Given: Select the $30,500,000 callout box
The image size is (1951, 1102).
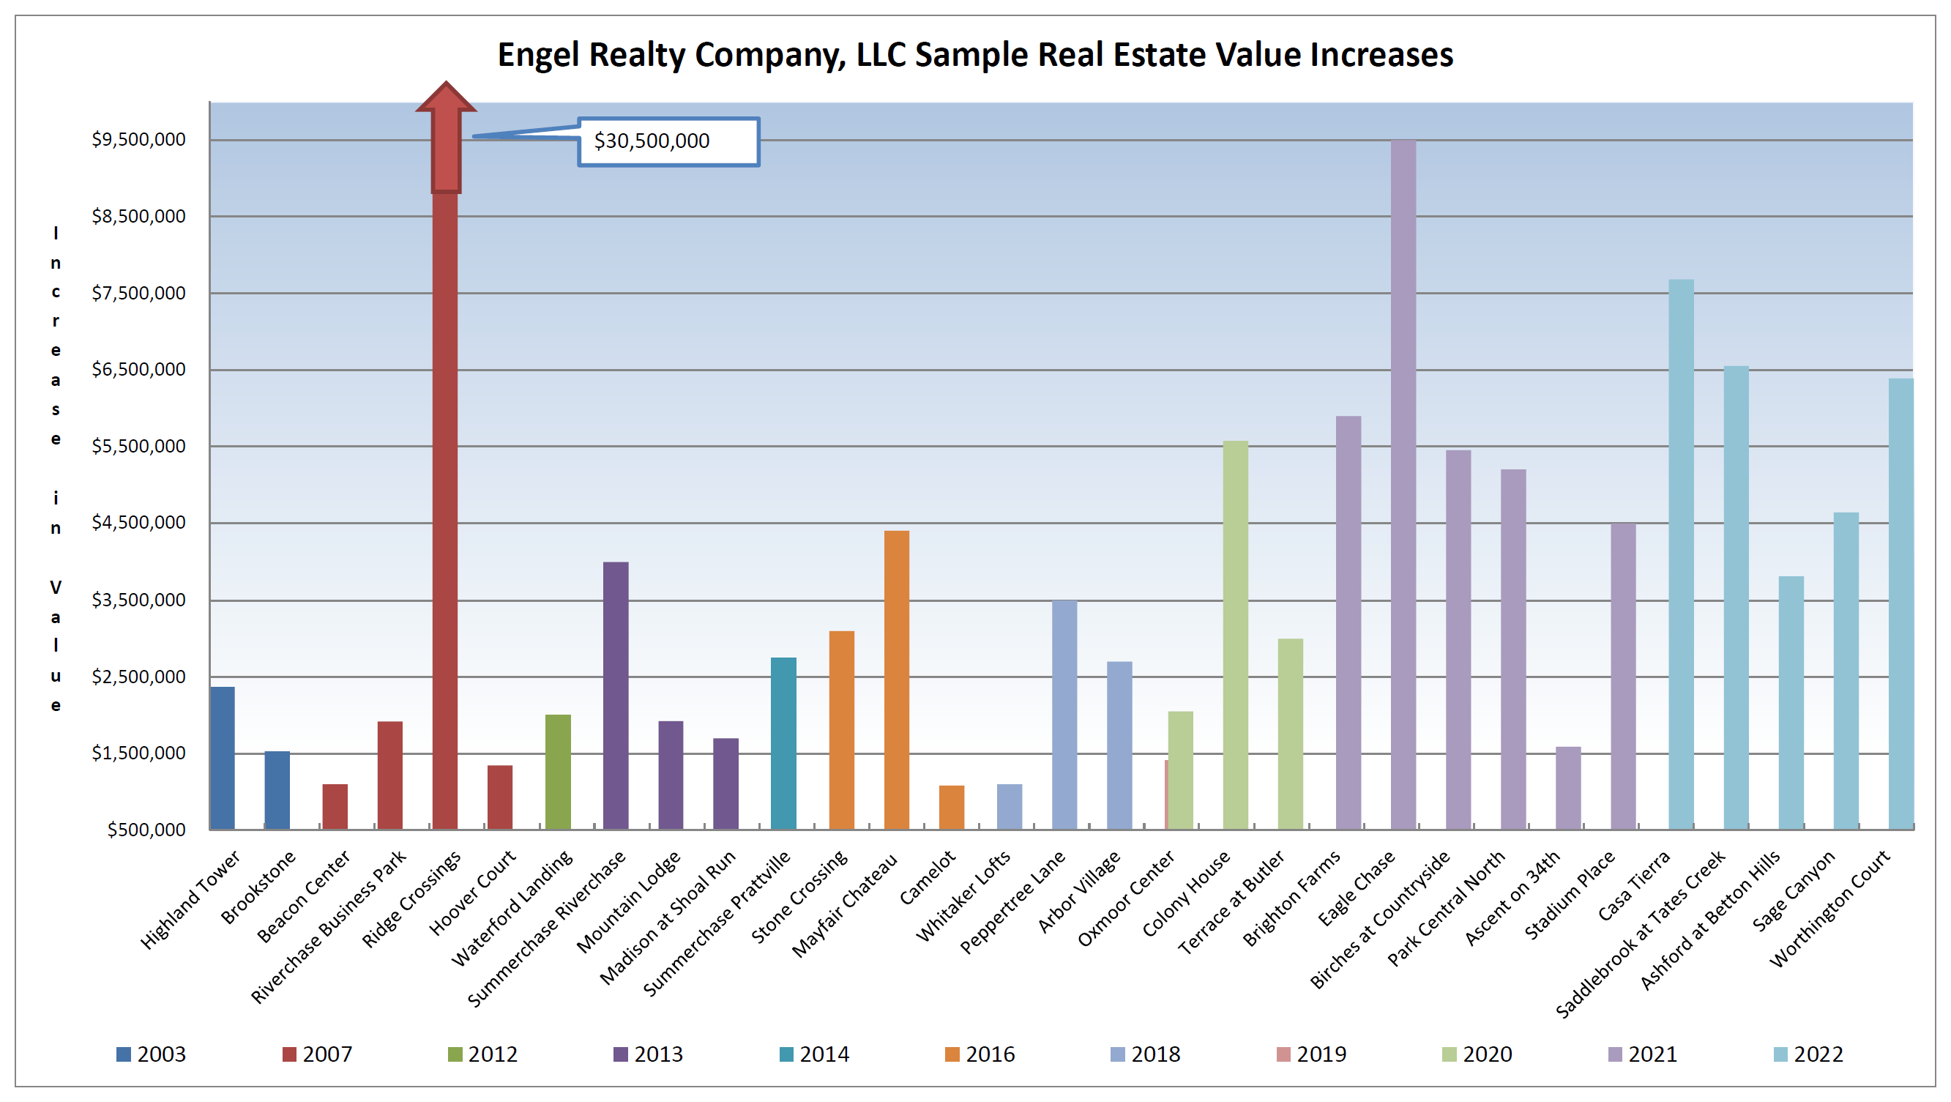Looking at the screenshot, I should tap(668, 141).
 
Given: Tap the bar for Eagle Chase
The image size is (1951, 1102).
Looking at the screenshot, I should tap(1403, 485).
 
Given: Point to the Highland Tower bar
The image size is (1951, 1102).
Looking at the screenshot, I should tap(223, 757).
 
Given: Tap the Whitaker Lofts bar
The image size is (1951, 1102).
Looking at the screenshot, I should tap(1010, 806).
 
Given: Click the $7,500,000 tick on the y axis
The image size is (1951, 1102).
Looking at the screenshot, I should tap(138, 294).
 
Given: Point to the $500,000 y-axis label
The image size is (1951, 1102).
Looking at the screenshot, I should tap(146, 830).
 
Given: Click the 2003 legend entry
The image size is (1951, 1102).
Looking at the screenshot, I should tap(152, 1054).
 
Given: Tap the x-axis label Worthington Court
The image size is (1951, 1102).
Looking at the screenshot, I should tap(1831, 909).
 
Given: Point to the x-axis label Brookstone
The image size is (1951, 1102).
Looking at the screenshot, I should tap(258, 887).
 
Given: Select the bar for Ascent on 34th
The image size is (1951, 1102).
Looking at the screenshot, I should tap(1568, 788).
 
